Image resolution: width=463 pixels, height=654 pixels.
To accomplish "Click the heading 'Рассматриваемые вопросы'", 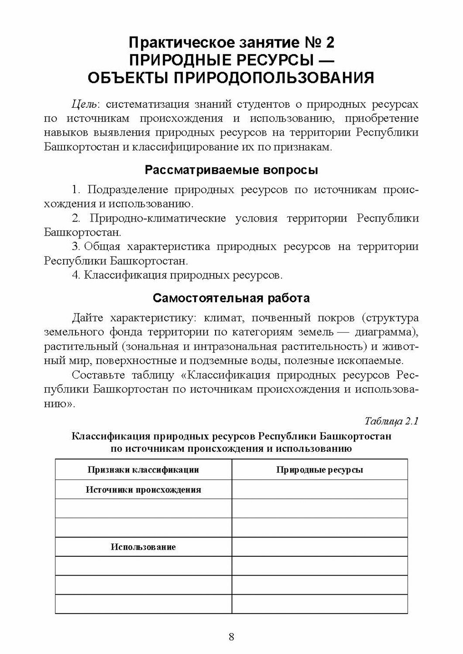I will (231, 170).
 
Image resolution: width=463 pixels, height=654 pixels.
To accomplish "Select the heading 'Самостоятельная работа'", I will (231, 298).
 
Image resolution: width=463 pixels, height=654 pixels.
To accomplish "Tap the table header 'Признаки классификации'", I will (143, 470).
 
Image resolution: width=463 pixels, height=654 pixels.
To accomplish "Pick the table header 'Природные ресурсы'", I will (319, 470).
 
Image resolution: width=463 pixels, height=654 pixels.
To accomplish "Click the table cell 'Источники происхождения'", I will (143, 489).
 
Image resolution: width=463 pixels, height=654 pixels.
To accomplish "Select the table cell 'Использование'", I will (143, 547).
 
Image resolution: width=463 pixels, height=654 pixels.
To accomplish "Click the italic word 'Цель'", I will (85, 105).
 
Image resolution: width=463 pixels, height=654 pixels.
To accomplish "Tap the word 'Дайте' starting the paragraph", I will (88, 318).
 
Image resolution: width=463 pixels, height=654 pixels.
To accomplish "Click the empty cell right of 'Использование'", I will (319, 547).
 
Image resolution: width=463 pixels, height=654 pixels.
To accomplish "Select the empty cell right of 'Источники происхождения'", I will (319, 489).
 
